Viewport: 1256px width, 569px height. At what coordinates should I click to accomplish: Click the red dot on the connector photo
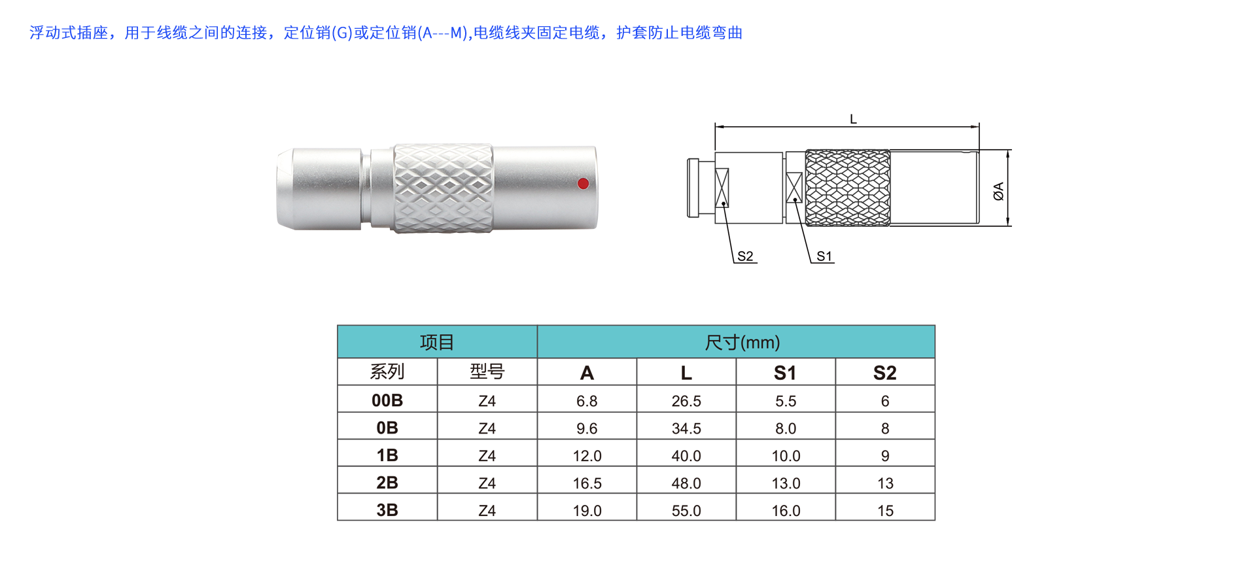tap(584, 184)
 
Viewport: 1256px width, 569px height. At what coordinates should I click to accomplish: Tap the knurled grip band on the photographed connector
tap(443, 188)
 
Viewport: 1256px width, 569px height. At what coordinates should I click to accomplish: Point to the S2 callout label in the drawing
tap(745, 256)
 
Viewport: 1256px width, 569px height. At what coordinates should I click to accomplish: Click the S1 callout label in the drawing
tap(824, 256)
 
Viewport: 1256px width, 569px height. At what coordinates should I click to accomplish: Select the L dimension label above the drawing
tap(853, 119)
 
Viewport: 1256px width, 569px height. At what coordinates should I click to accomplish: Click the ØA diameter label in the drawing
tap(998, 191)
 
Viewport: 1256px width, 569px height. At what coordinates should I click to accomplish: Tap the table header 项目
tap(437, 342)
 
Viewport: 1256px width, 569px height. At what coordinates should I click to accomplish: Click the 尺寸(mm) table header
tap(742, 342)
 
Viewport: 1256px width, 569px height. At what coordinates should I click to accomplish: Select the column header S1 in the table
tap(785, 373)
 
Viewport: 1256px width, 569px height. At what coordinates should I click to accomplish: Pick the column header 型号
tap(487, 371)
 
